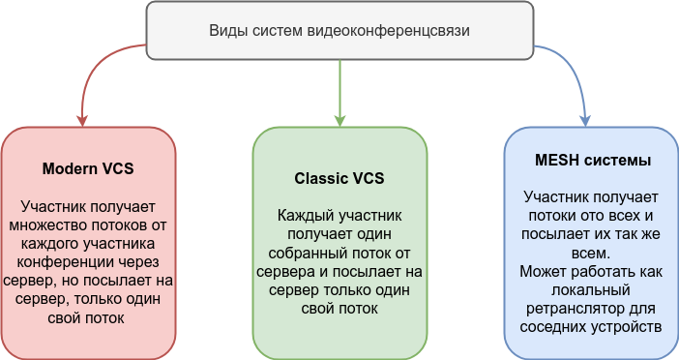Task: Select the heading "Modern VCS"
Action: pyautogui.click(x=88, y=168)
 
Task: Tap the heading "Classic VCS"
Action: pyautogui.click(x=339, y=178)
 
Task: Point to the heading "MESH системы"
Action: pyautogui.click(x=591, y=159)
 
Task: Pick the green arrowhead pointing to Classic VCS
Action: pyautogui.click(x=339, y=120)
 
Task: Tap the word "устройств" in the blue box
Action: pyautogui.click(x=627, y=326)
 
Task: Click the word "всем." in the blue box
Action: pyautogui.click(x=590, y=253)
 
